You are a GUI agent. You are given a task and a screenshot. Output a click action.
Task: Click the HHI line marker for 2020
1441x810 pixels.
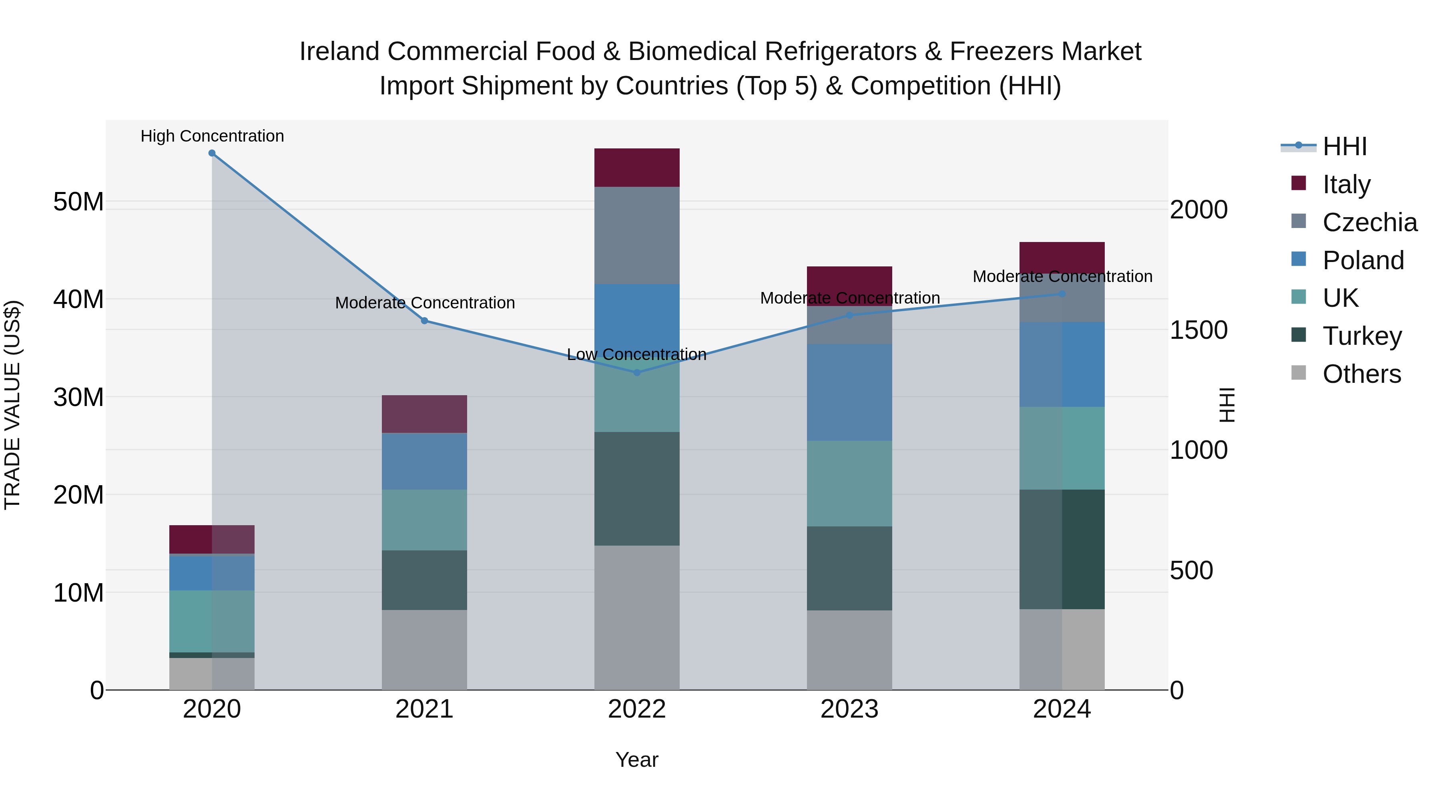pyautogui.click(x=212, y=153)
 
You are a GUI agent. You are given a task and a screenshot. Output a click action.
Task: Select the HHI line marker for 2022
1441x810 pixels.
pyautogui.click(x=636, y=372)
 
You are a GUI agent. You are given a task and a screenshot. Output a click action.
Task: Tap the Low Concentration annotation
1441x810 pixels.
pyautogui.click(x=636, y=354)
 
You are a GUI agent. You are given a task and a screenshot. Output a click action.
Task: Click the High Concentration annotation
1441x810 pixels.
pyautogui.click(x=212, y=136)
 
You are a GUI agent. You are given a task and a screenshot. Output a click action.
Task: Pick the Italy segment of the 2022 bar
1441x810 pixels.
pyautogui.click(x=636, y=168)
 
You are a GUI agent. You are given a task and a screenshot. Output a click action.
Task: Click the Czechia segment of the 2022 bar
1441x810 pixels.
pyautogui.click(x=636, y=235)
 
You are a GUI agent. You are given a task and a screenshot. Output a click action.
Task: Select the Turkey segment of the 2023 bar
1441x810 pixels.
pyautogui.click(x=849, y=568)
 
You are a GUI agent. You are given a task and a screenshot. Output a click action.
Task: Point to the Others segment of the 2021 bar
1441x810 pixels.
pyautogui.click(x=424, y=650)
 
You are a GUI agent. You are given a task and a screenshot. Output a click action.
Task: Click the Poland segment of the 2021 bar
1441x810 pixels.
pyautogui.click(x=424, y=461)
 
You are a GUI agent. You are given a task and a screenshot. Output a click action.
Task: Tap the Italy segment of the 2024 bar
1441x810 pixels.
pyautogui.click(x=1062, y=258)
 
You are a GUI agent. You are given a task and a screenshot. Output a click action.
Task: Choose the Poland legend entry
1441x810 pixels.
pyautogui.click(x=1363, y=260)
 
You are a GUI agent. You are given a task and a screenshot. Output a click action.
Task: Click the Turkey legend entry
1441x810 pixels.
pyautogui.click(x=1362, y=336)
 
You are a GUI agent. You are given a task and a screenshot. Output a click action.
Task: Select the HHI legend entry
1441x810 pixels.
pyautogui.click(x=1344, y=146)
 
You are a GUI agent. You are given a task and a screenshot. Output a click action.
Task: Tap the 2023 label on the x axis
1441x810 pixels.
pyautogui.click(x=849, y=709)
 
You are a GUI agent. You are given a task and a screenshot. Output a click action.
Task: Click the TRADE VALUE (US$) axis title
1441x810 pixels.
pyautogui.click(x=12, y=405)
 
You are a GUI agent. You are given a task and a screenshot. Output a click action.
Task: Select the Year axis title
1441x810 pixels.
pyautogui.click(x=636, y=760)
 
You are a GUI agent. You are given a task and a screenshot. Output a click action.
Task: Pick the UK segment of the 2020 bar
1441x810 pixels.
pyautogui.click(x=212, y=621)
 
